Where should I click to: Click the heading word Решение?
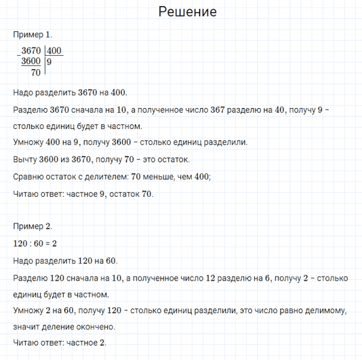tap(188, 12)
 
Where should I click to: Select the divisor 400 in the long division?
tap(54, 52)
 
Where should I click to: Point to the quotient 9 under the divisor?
tap(49, 62)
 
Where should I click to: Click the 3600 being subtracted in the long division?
tap(31, 62)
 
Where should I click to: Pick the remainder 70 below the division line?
tap(35, 73)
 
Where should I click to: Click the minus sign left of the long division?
tap(18, 55)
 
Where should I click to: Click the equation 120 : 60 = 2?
tap(34, 244)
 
